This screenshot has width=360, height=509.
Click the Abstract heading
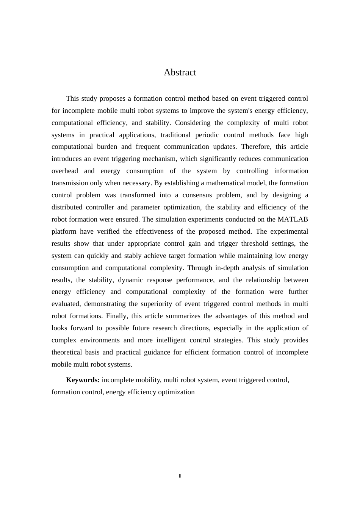point(180,72)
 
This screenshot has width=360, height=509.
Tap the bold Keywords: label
point(83,380)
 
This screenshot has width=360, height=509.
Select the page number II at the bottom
point(180,476)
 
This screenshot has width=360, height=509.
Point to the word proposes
point(113,98)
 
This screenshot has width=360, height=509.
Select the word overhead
point(65,171)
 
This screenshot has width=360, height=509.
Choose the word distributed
point(67,207)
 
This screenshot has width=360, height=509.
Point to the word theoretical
point(66,352)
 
